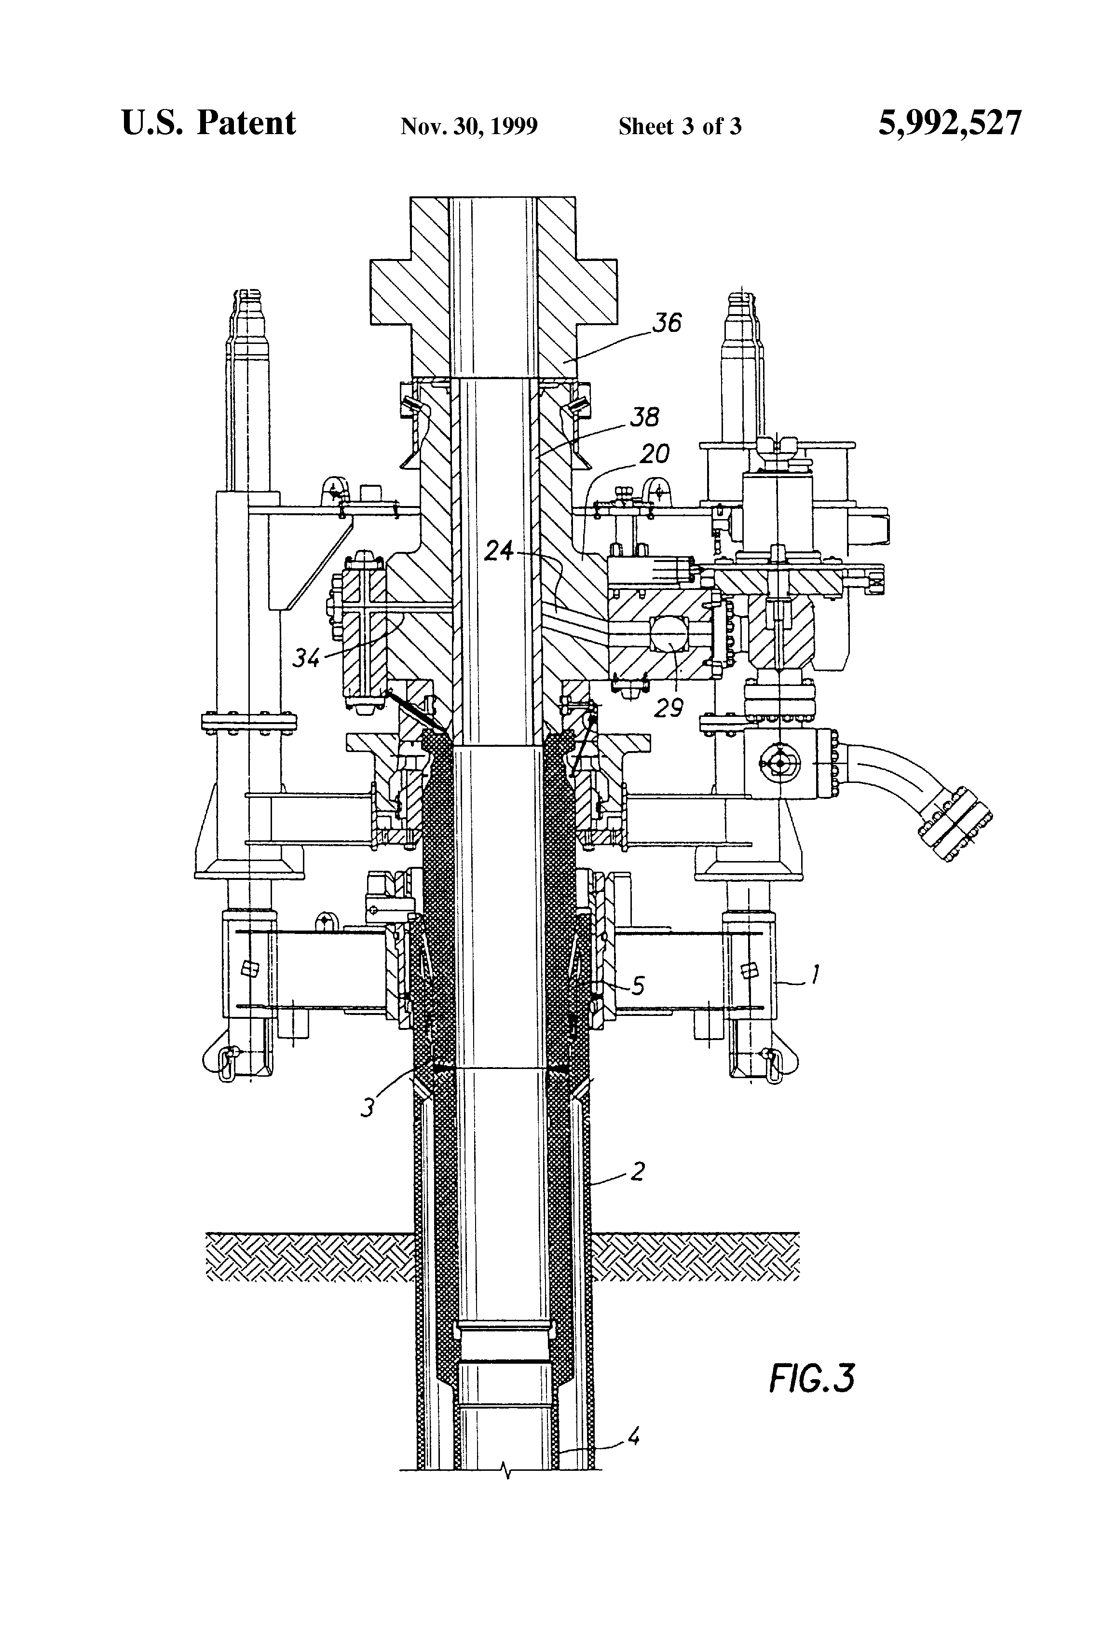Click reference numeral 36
pyautogui.click(x=666, y=323)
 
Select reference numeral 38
pyautogui.click(x=644, y=417)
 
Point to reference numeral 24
pyautogui.click(x=499, y=550)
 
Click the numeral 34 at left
pyautogui.click(x=307, y=658)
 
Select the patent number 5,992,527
pyautogui.click(x=949, y=124)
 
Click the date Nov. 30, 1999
pyautogui.click(x=469, y=126)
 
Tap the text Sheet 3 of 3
pyautogui.click(x=680, y=126)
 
